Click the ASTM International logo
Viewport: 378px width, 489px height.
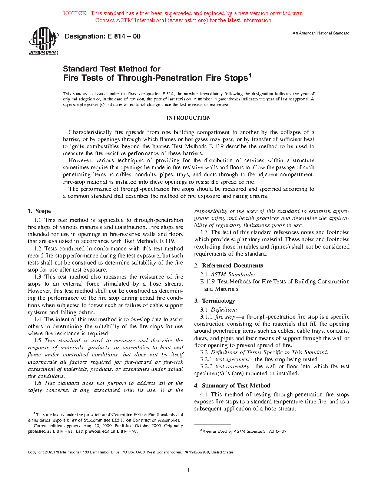click(x=44, y=41)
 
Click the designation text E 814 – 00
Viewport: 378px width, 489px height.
click(x=103, y=36)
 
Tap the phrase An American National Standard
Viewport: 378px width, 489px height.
click(x=321, y=33)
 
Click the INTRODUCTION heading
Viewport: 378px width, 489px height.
click(x=188, y=118)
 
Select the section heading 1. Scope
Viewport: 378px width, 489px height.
click(x=39, y=211)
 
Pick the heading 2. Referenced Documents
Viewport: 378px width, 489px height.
click(x=229, y=266)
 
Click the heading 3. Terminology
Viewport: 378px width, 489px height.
click(x=215, y=301)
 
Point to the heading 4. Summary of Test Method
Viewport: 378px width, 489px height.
click(x=232, y=386)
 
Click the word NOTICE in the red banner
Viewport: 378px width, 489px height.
click(x=75, y=13)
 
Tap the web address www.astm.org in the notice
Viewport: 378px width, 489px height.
click(x=188, y=20)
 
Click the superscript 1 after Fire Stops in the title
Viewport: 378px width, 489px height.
click(x=250, y=76)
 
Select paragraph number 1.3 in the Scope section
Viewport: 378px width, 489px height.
click(x=37, y=277)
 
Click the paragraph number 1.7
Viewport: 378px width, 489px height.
click(x=204, y=232)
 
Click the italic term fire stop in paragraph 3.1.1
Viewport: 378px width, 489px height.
click(x=225, y=317)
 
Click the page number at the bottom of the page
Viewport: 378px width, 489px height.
click(x=189, y=470)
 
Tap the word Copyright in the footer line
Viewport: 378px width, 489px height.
click(x=36, y=452)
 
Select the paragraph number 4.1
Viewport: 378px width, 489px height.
click(x=203, y=395)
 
